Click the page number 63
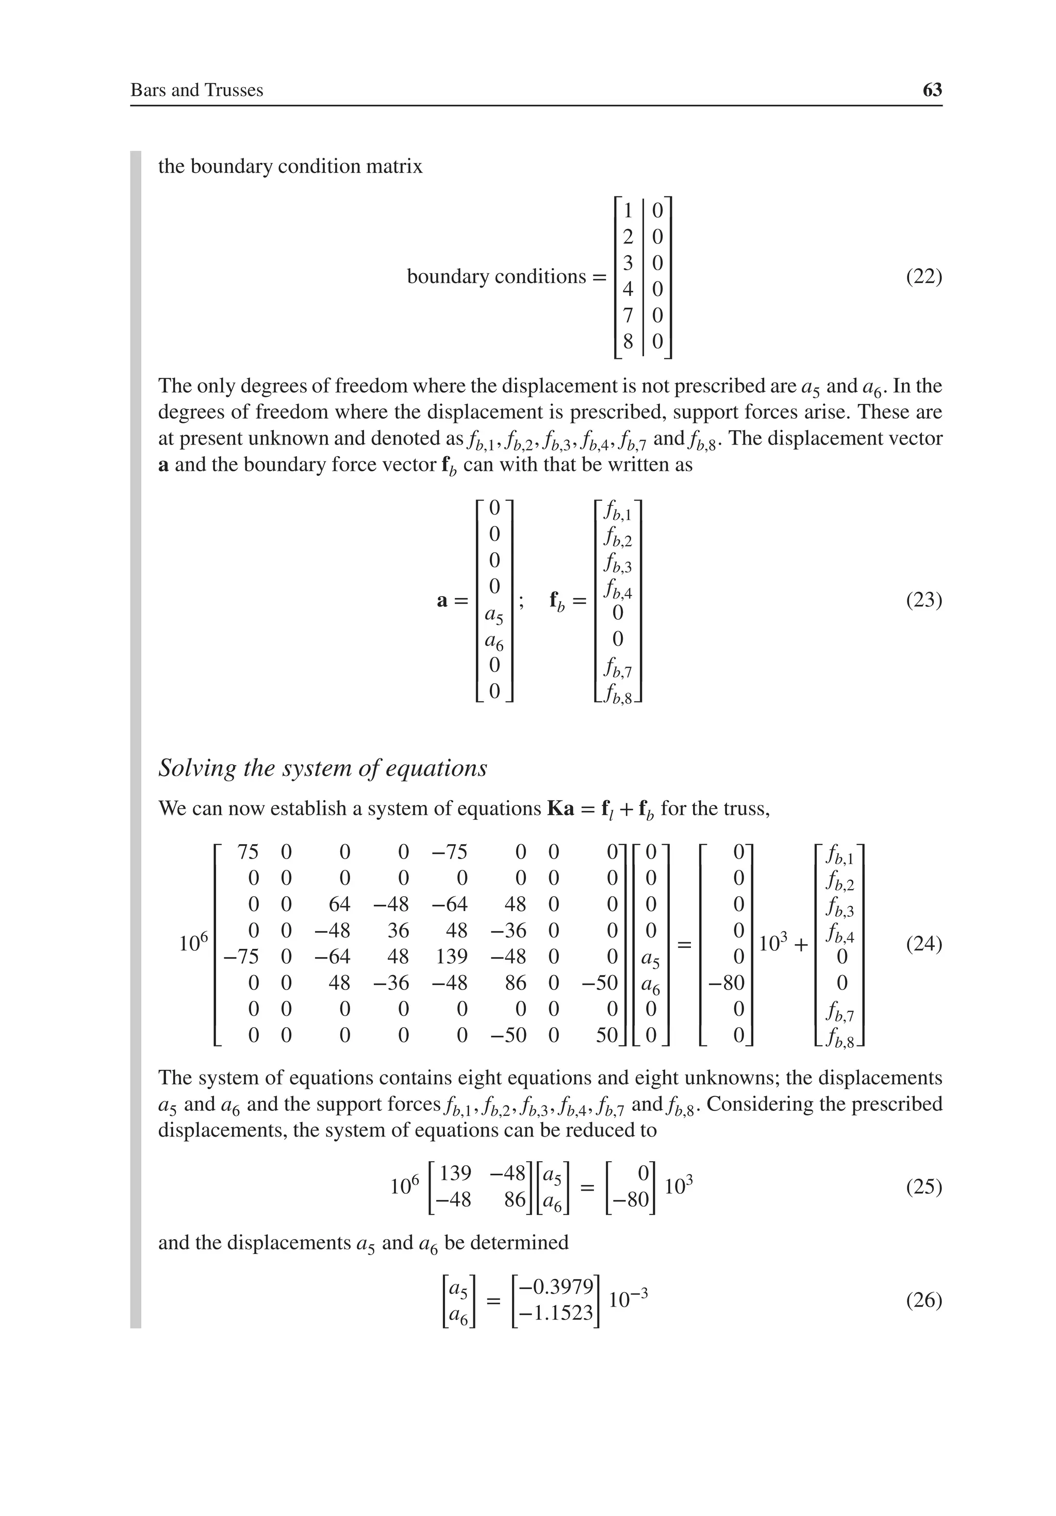(932, 90)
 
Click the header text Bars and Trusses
(197, 90)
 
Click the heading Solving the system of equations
(322, 768)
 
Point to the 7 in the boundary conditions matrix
(628, 315)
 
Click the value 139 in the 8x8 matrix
(452, 956)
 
